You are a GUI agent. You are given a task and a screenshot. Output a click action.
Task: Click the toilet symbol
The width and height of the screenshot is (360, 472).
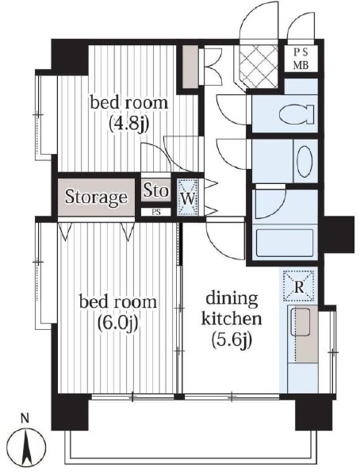(297, 113)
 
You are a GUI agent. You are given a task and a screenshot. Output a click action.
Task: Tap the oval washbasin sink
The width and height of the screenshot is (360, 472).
(304, 161)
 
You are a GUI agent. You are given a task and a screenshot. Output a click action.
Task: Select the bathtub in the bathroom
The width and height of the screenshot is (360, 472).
(285, 243)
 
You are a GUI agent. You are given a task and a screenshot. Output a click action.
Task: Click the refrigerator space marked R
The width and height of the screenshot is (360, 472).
(299, 286)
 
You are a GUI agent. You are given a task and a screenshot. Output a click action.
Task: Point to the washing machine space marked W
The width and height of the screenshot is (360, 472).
(187, 198)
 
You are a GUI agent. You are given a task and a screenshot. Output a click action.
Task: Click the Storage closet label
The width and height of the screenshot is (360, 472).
(96, 198)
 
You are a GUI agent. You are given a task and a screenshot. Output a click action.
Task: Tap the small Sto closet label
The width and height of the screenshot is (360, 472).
(155, 190)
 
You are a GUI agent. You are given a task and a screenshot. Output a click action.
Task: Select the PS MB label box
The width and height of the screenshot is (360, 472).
(301, 59)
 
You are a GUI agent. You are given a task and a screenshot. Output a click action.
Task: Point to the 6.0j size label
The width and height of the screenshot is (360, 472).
(117, 323)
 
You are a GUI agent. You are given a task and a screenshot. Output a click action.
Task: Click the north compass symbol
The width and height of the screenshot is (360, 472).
(26, 446)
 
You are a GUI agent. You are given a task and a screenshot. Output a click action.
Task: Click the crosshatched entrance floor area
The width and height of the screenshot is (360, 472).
(259, 66)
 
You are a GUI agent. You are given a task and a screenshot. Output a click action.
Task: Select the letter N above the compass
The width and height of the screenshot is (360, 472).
(25, 419)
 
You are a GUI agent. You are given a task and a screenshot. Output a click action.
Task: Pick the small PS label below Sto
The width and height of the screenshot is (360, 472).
(156, 212)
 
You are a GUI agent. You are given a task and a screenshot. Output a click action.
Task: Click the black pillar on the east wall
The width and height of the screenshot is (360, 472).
(339, 235)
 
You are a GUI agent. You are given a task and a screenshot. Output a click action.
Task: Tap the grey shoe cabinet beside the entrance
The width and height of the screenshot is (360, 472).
(190, 67)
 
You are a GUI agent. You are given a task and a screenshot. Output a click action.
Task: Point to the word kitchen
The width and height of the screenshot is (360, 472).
(232, 318)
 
